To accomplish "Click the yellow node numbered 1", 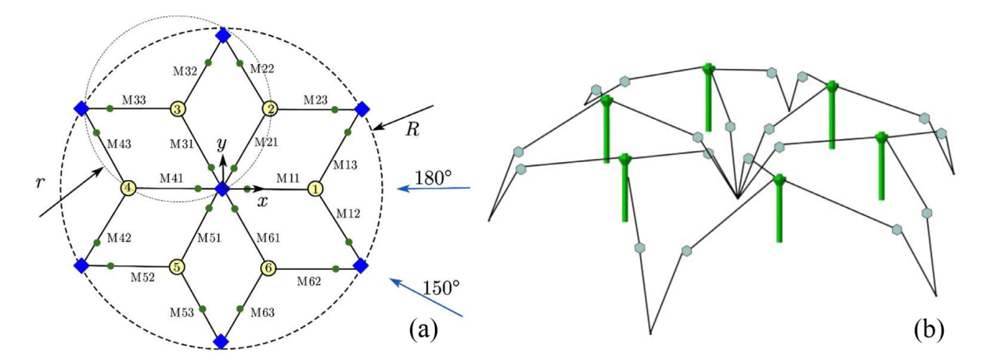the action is point(315,189).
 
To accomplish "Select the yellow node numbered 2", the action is point(270,109).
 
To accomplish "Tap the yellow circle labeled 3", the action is point(178,109).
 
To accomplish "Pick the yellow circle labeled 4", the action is point(128,188).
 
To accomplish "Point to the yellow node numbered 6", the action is point(268,268).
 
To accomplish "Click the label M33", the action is point(134,99).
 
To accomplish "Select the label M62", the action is point(309,281).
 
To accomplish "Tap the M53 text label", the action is point(182,312).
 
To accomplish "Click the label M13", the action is point(345,165).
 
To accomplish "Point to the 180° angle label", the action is point(433,178).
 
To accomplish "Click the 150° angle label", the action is point(441,288).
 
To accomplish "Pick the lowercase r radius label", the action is point(41,182).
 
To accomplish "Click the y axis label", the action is point(221,143).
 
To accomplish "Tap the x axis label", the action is point(263,202).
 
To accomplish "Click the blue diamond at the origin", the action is point(221,189).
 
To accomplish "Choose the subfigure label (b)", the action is point(929,330).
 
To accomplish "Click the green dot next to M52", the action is point(111,266).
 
